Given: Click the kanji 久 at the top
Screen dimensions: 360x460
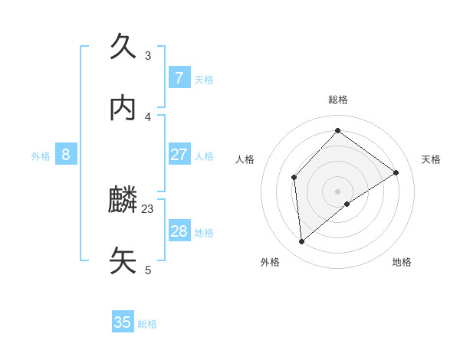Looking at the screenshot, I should (123, 47).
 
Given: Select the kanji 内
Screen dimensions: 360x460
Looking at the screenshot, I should (123, 108).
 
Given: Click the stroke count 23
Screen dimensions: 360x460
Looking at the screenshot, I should (148, 208).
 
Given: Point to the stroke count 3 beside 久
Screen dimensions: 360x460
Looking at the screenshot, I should (148, 55).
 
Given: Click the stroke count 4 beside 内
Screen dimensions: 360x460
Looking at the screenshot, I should (148, 116).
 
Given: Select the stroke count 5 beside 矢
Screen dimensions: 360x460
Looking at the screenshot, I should (148, 270).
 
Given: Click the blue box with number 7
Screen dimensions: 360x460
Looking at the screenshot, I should (179, 77).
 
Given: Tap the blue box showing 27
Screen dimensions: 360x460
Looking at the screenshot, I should (179, 155).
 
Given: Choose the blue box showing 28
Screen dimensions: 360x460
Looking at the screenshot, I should (179, 231).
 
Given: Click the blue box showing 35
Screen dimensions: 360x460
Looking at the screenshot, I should (123, 322).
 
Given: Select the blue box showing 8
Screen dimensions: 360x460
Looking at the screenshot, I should (66, 155).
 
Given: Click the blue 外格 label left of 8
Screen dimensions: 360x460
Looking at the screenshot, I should (41, 156).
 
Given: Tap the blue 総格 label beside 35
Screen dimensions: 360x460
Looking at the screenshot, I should (147, 324).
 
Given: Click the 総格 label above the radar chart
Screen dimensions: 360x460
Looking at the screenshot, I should (338, 100).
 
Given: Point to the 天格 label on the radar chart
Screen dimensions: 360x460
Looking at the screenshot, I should (432, 159).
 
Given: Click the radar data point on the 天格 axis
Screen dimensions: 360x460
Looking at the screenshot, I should (396, 172).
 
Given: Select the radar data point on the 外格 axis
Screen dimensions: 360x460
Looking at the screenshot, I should (302, 242).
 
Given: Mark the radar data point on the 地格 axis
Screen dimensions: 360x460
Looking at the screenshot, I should (347, 204).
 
